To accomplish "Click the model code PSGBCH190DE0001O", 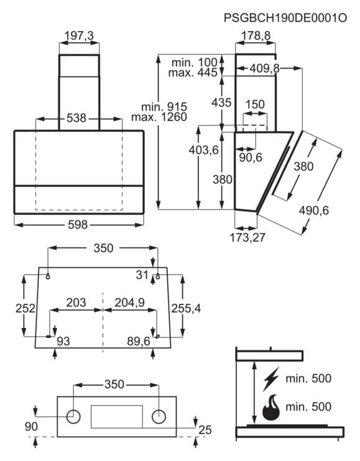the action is pos(285,18).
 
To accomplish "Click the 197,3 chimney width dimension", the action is pos(79,36).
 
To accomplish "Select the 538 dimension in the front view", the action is pos(76,118).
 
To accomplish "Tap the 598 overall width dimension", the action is pos(78,225).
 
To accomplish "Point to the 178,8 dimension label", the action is pos(256,36).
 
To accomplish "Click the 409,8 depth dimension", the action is pos(264,68).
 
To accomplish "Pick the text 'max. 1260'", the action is pos(159,117).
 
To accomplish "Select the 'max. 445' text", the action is pos(193,73).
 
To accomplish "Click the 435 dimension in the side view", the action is pos(221,103).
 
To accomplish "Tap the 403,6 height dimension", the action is pos(203,150).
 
